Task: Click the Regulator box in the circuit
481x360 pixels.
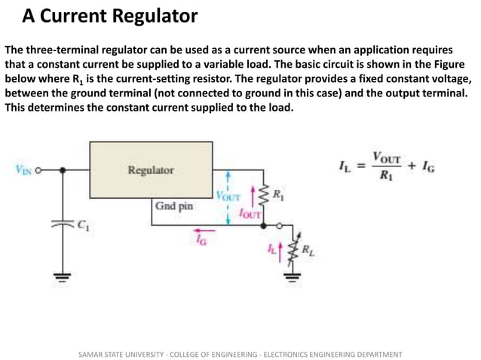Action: [x=150, y=170]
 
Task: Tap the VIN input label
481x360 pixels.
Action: [x=23, y=170]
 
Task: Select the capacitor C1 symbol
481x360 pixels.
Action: [x=63, y=224]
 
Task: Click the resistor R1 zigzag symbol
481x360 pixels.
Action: [x=263, y=197]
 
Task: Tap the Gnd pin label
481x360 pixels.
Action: [x=173, y=206]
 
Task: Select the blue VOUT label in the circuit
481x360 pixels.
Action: [x=227, y=196]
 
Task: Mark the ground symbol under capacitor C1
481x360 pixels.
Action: [x=63, y=278]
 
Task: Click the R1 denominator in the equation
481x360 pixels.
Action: [x=386, y=178]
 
